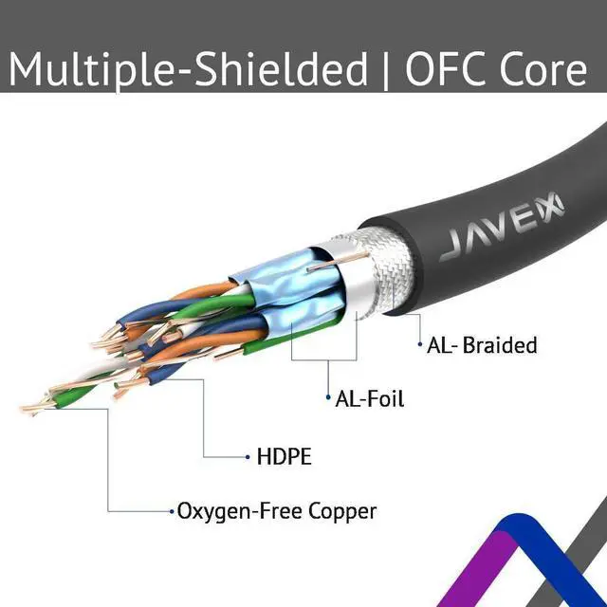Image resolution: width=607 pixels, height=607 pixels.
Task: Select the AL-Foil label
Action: click(x=369, y=398)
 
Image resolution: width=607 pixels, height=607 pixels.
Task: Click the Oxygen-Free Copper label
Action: click(x=276, y=511)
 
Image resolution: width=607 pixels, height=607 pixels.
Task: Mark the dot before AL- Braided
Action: click(x=419, y=345)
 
